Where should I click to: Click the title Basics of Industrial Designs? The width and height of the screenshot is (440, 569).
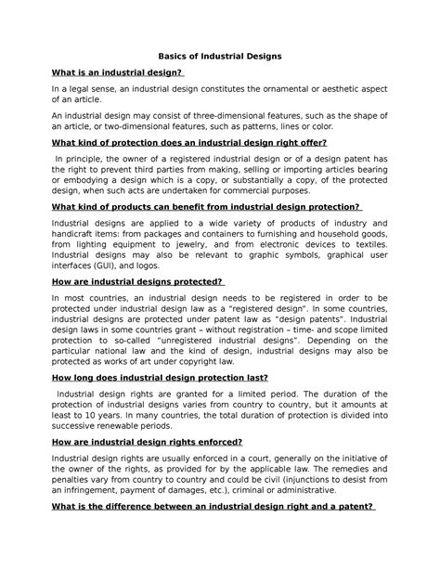point(220,57)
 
